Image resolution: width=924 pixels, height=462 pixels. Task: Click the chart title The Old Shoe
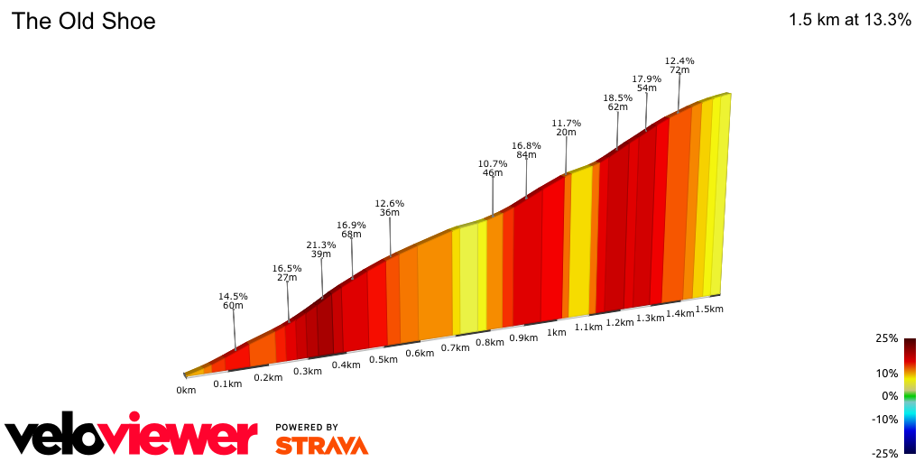[83, 22]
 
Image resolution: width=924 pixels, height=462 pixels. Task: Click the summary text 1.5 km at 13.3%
[849, 20]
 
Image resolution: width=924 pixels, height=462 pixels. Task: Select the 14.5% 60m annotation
[233, 301]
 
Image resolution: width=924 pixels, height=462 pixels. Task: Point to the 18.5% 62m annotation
[617, 102]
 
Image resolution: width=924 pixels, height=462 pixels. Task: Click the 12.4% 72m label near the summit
[679, 65]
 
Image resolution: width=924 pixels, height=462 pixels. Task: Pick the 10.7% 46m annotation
[493, 168]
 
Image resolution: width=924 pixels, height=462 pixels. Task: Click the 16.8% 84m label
[526, 150]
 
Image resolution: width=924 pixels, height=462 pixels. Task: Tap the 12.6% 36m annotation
[390, 208]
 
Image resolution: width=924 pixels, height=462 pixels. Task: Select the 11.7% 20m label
[566, 127]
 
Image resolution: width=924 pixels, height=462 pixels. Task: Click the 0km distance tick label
[186, 391]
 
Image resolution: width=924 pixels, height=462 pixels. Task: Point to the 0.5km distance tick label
[383, 359]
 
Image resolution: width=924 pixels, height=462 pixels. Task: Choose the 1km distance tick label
[556, 332]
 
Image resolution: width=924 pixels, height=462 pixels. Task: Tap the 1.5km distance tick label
[709, 309]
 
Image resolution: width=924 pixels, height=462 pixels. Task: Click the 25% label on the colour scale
[886, 338]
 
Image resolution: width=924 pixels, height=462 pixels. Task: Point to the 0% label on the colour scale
[890, 396]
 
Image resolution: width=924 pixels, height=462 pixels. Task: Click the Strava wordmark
[321, 445]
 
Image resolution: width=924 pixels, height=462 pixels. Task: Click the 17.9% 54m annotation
[646, 83]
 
